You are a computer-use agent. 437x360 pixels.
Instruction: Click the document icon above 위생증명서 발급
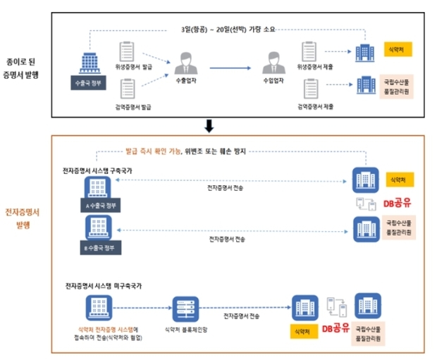pos(127,51)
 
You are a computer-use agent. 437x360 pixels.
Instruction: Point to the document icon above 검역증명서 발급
pos(127,89)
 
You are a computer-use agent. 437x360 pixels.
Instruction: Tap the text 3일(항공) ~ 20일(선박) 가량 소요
pos(228,30)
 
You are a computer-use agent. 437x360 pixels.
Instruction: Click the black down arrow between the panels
pos(209,126)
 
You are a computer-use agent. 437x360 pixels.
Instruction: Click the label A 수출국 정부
pos(99,208)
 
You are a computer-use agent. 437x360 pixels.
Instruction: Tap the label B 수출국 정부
pos(99,247)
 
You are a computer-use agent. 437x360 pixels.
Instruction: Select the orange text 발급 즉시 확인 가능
pos(153,151)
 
